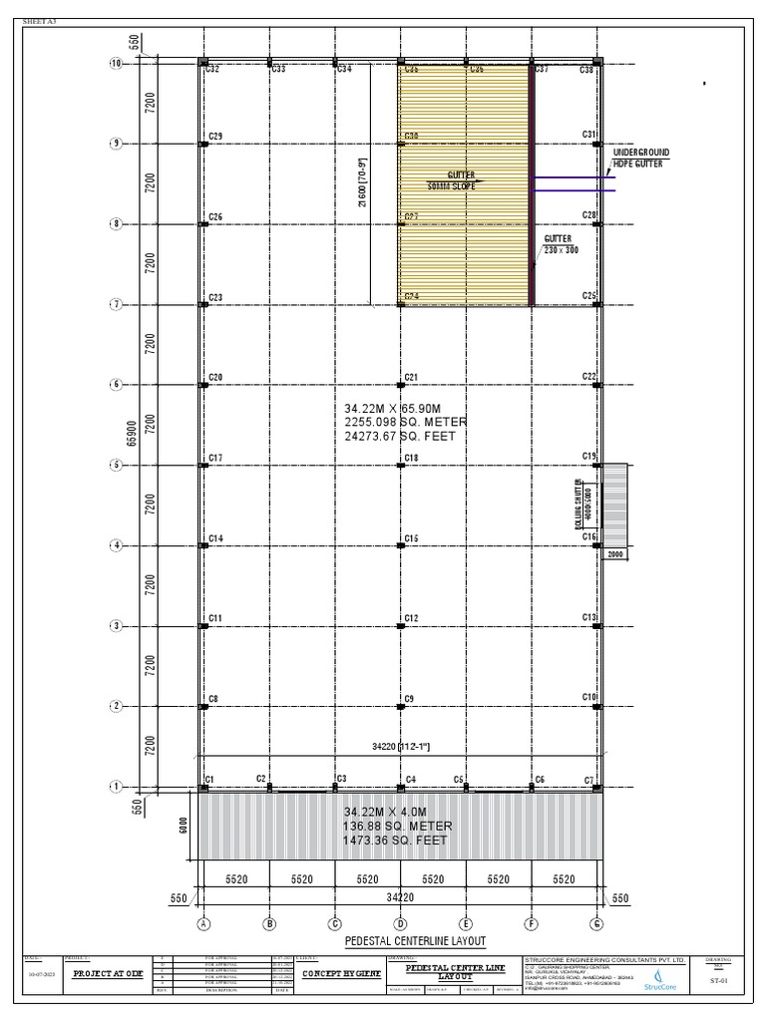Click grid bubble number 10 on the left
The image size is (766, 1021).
pyautogui.click(x=115, y=64)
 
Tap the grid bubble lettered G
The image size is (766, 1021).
pyautogui.click(x=596, y=923)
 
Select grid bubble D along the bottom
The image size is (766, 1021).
pyautogui.click(x=400, y=923)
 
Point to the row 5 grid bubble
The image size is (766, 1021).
pyautogui.click(x=115, y=465)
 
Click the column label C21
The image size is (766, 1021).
pyautogui.click(x=411, y=377)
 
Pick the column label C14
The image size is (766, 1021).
pyautogui.click(x=215, y=538)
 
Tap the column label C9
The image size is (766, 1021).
pyautogui.click(x=410, y=699)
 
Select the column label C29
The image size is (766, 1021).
pyautogui.click(x=215, y=136)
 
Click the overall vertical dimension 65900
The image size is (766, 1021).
pyautogui.click(x=131, y=430)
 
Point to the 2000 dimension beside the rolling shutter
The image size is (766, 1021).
pyautogui.click(x=615, y=553)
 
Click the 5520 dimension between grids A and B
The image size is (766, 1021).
pyautogui.click(x=236, y=879)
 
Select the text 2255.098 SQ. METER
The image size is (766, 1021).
pyautogui.click(x=405, y=422)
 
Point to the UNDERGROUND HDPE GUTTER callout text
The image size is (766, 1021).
pyautogui.click(x=640, y=157)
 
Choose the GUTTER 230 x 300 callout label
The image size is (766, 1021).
pyautogui.click(x=561, y=245)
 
